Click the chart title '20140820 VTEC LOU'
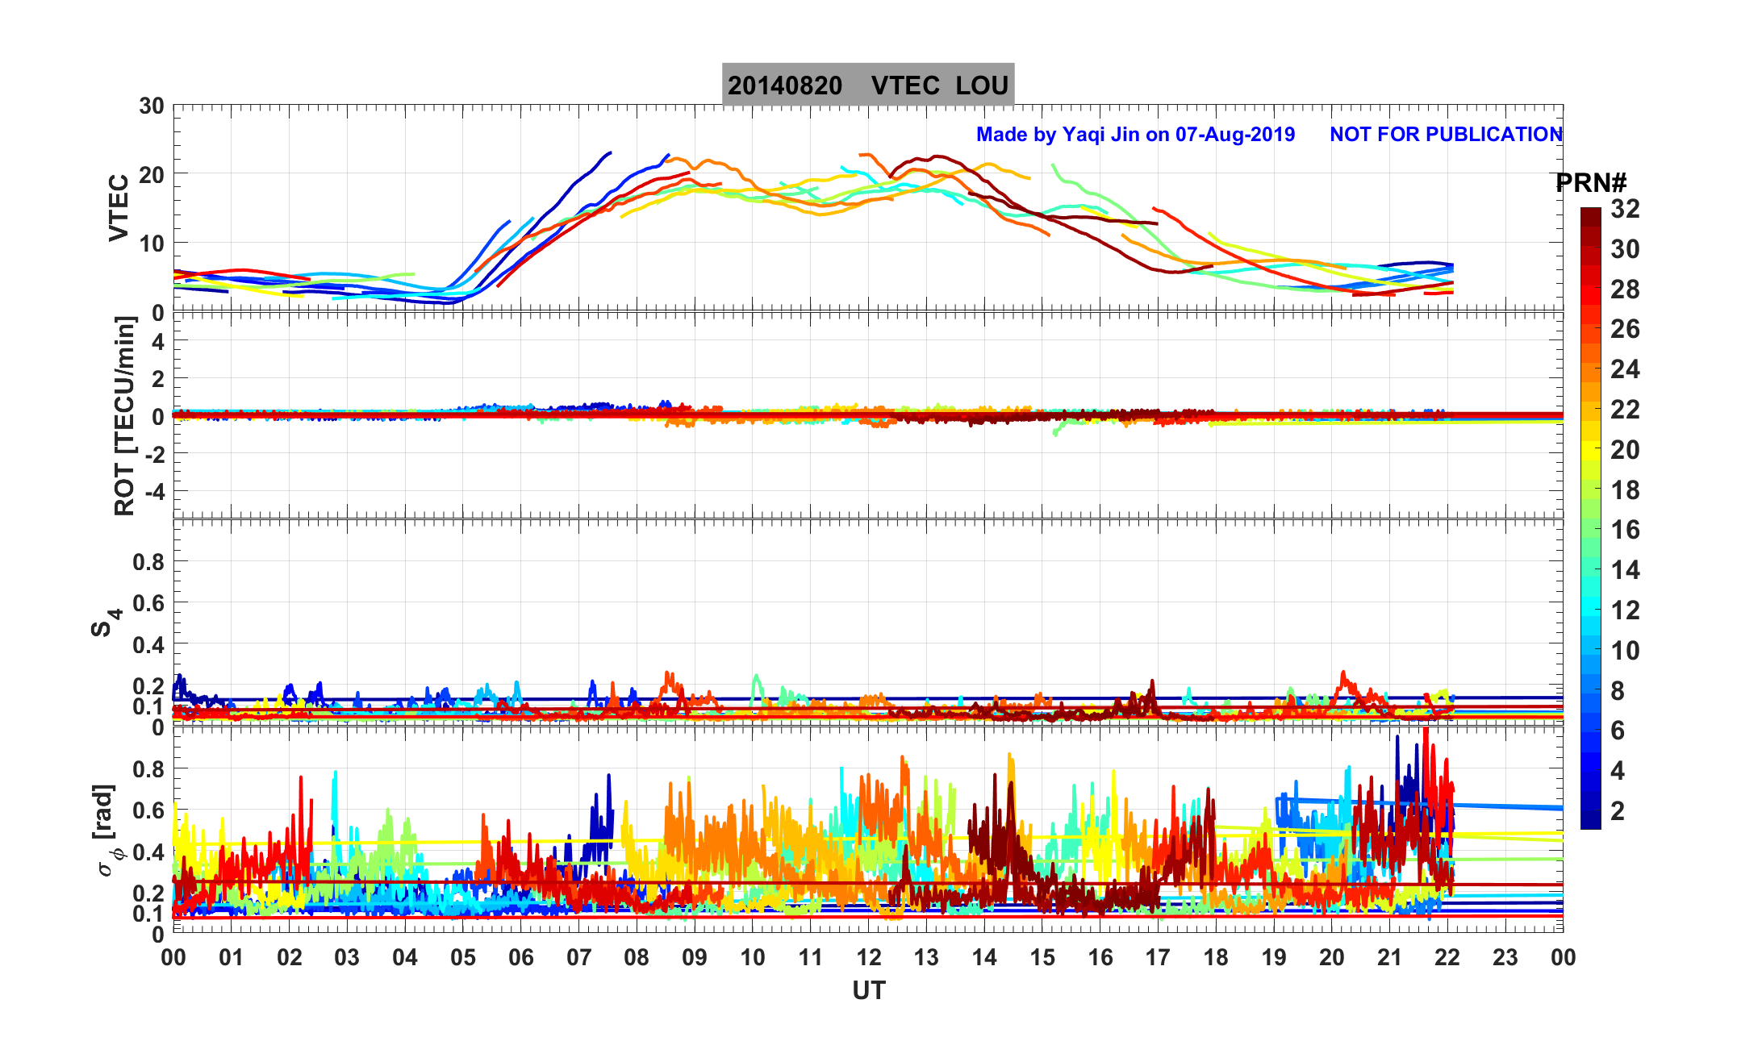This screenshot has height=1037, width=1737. coord(867,85)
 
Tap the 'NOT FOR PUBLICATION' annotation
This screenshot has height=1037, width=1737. coord(1446,135)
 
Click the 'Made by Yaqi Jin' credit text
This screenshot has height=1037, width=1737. coord(1135,135)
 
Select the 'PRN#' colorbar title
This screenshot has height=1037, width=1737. coord(1590,184)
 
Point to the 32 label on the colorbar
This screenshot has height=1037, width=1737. coord(1625,210)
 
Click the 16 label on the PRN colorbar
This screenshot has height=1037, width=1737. coord(1625,531)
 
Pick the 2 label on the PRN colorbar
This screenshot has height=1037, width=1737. coord(1617,811)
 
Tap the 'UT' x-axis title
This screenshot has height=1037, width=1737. coord(869,990)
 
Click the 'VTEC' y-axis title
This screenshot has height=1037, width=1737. coord(119,208)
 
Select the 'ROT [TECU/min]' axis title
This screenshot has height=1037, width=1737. coord(124,416)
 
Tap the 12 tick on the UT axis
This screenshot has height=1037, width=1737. coord(869,958)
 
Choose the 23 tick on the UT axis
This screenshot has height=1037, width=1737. coord(1505,958)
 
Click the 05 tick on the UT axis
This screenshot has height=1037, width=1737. coord(463,958)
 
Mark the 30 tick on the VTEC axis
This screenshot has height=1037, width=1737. coord(151,106)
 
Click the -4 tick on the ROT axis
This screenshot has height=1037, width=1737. coord(153,491)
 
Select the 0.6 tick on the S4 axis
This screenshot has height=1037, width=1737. coord(148,603)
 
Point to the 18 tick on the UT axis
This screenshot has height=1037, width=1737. coord(1216,958)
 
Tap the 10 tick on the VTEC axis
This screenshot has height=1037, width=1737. coord(151,244)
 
